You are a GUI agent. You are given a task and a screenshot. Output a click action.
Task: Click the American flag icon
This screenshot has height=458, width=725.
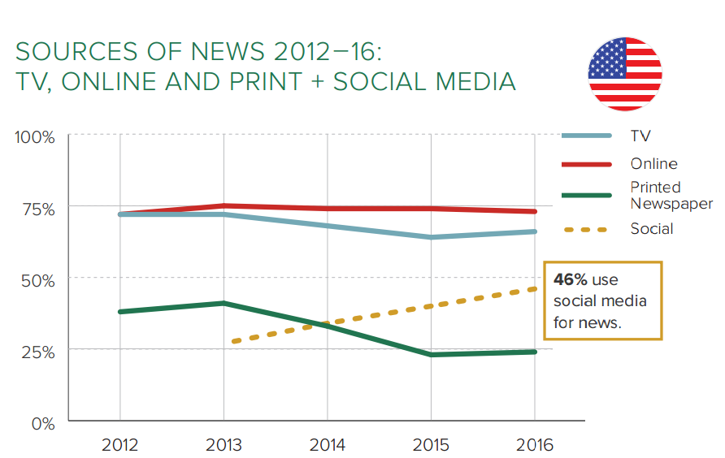tap(625, 73)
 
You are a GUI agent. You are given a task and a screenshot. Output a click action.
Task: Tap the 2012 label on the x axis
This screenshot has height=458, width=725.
tap(119, 445)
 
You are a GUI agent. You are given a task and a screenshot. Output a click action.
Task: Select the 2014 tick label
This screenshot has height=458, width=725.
tap(328, 445)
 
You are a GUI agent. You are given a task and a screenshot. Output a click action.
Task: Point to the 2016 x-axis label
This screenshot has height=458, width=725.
tap(534, 445)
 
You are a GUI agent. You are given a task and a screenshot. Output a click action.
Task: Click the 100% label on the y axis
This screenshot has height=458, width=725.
tap(35, 136)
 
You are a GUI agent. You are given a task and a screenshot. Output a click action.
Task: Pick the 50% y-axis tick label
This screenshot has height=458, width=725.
tap(37, 280)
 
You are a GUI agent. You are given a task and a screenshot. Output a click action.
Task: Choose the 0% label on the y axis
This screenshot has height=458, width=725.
tap(42, 423)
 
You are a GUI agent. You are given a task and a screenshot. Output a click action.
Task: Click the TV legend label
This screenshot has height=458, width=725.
tap(640, 136)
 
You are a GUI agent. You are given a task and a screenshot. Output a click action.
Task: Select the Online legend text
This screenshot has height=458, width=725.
tap(653, 164)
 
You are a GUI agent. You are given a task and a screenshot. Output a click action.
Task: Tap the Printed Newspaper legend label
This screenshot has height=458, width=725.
tap(671, 195)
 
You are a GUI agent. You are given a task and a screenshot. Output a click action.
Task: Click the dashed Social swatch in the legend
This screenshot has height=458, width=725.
tap(585, 230)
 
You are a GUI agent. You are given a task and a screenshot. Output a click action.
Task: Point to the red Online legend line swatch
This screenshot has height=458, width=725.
tap(585, 164)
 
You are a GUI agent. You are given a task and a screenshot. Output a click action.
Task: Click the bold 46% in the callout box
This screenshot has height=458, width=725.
tap(569, 280)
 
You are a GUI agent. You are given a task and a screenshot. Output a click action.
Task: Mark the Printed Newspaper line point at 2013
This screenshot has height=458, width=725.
tap(224, 303)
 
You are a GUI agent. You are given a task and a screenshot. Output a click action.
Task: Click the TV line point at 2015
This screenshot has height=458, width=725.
tap(432, 237)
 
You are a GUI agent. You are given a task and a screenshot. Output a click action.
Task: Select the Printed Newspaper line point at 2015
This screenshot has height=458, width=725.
tap(432, 355)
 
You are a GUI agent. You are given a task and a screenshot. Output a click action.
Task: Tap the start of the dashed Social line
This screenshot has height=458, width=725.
tap(232, 342)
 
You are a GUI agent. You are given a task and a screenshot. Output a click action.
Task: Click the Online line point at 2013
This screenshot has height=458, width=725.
tap(224, 205)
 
